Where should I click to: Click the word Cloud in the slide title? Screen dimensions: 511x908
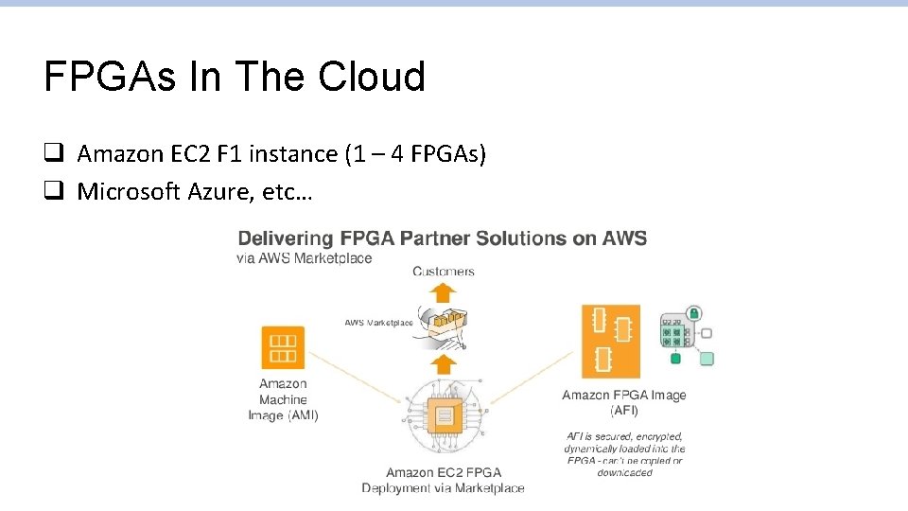(372, 77)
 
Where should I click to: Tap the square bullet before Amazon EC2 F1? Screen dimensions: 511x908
(53, 153)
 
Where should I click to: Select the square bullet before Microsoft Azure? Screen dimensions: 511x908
(53, 191)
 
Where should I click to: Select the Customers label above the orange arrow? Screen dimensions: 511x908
(444, 271)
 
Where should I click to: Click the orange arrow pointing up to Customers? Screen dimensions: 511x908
(444, 291)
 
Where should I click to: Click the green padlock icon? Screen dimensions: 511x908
(693, 312)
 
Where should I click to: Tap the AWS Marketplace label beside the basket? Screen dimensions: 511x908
(378, 323)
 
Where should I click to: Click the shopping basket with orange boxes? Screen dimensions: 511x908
(444, 325)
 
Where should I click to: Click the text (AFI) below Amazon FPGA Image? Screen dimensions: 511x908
(624, 410)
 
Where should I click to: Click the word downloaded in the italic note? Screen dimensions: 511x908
(624, 472)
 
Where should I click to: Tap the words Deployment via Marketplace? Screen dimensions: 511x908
(443, 488)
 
